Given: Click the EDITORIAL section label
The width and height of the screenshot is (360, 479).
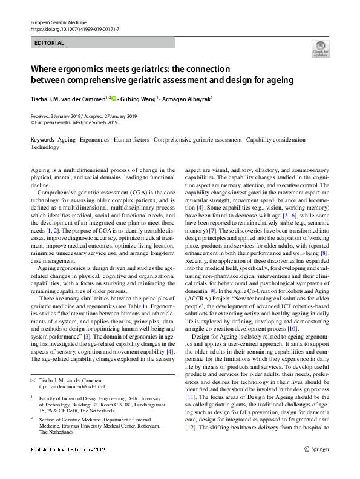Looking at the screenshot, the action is point(49,43).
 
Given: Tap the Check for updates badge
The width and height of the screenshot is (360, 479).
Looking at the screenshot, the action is point(320,49).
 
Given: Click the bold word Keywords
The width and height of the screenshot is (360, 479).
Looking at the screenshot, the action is point(42,140).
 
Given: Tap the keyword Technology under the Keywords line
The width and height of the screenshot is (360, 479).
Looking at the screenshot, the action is point(45,147).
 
